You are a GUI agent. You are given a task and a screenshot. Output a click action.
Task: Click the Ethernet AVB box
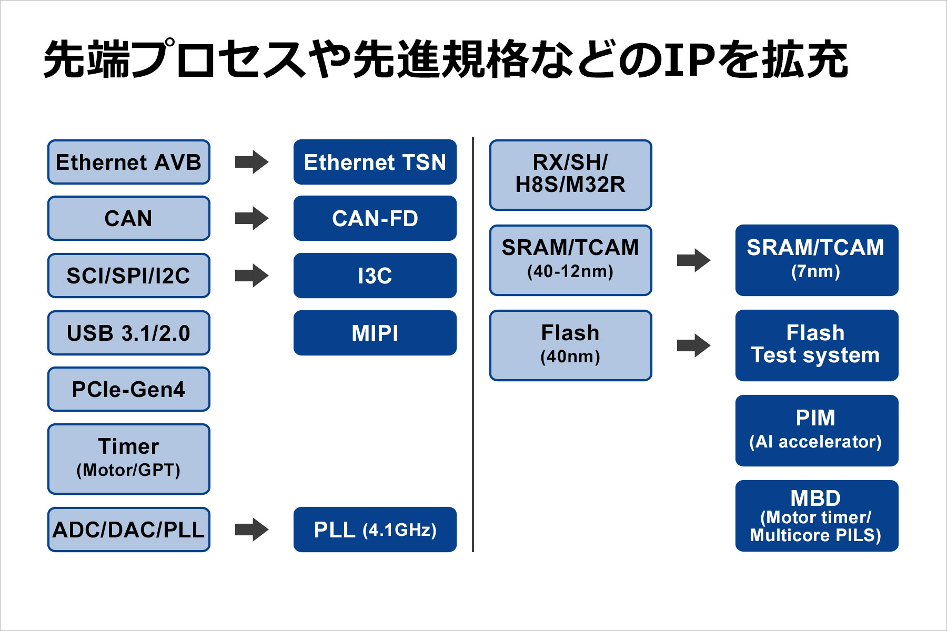pos(129,162)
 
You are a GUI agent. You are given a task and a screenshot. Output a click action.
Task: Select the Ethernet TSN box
pos(375,162)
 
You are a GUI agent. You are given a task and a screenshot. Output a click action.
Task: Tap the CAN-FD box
pos(375,218)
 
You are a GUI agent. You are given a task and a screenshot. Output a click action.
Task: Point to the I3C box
pos(375,276)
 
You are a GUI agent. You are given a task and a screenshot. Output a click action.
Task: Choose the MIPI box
pos(375,333)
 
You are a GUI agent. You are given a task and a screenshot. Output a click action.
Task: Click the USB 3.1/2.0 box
pos(129,333)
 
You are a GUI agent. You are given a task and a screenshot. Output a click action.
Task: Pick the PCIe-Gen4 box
pos(129,389)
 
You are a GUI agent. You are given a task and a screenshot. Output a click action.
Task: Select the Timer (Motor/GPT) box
pos(129,459)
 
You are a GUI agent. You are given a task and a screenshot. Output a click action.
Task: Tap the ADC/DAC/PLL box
pos(129,530)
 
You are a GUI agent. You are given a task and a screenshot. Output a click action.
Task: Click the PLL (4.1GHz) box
pos(375,530)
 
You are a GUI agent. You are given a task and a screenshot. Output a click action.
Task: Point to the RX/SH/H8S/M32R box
pos(570,175)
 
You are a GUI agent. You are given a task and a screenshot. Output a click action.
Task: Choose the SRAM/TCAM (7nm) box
pos(816,260)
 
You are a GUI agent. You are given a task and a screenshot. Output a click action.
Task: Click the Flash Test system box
pos(816,345)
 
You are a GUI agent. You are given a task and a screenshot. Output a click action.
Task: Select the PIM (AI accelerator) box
pos(816,430)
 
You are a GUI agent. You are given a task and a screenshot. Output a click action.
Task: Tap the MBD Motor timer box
pos(816,515)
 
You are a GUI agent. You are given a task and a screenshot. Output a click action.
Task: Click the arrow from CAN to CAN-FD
pos(251,218)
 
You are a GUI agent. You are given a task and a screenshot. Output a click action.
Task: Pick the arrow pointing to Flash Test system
pos(693,345)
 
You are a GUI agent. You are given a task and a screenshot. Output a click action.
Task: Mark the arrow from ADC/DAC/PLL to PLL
pos(251,530)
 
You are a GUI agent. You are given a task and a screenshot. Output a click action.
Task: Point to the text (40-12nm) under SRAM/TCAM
pos(570,272)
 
